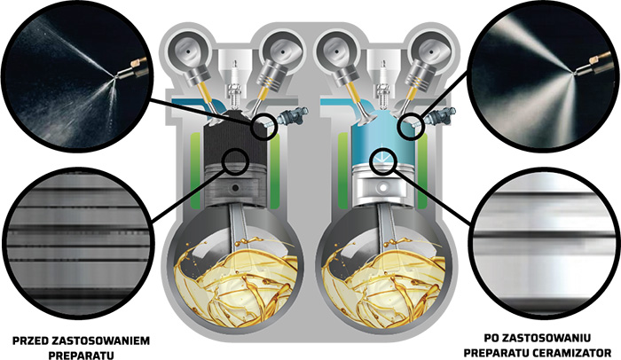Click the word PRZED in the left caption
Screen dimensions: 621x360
(x=31, y=341)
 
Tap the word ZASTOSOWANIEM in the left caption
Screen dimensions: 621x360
(x=101, y=341)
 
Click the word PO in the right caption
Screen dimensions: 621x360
(x=491, y=338)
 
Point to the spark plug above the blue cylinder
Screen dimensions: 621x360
(x=381, y=84)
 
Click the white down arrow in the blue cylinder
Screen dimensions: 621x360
(x=382, y=156)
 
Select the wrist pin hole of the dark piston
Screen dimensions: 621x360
(x=236, y=187)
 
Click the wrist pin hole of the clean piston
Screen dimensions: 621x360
(x=382, y=185)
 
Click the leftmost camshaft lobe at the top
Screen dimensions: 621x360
(x=188, y=51)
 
